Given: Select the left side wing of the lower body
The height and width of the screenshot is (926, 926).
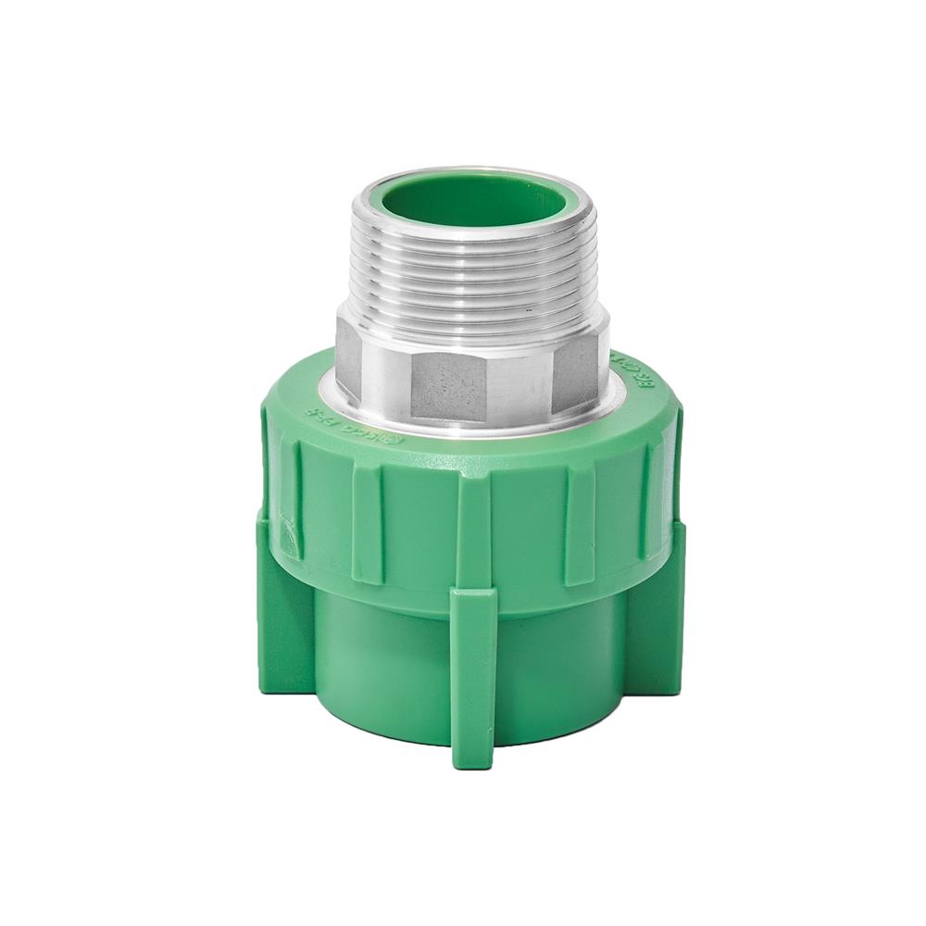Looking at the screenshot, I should (282, 611).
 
